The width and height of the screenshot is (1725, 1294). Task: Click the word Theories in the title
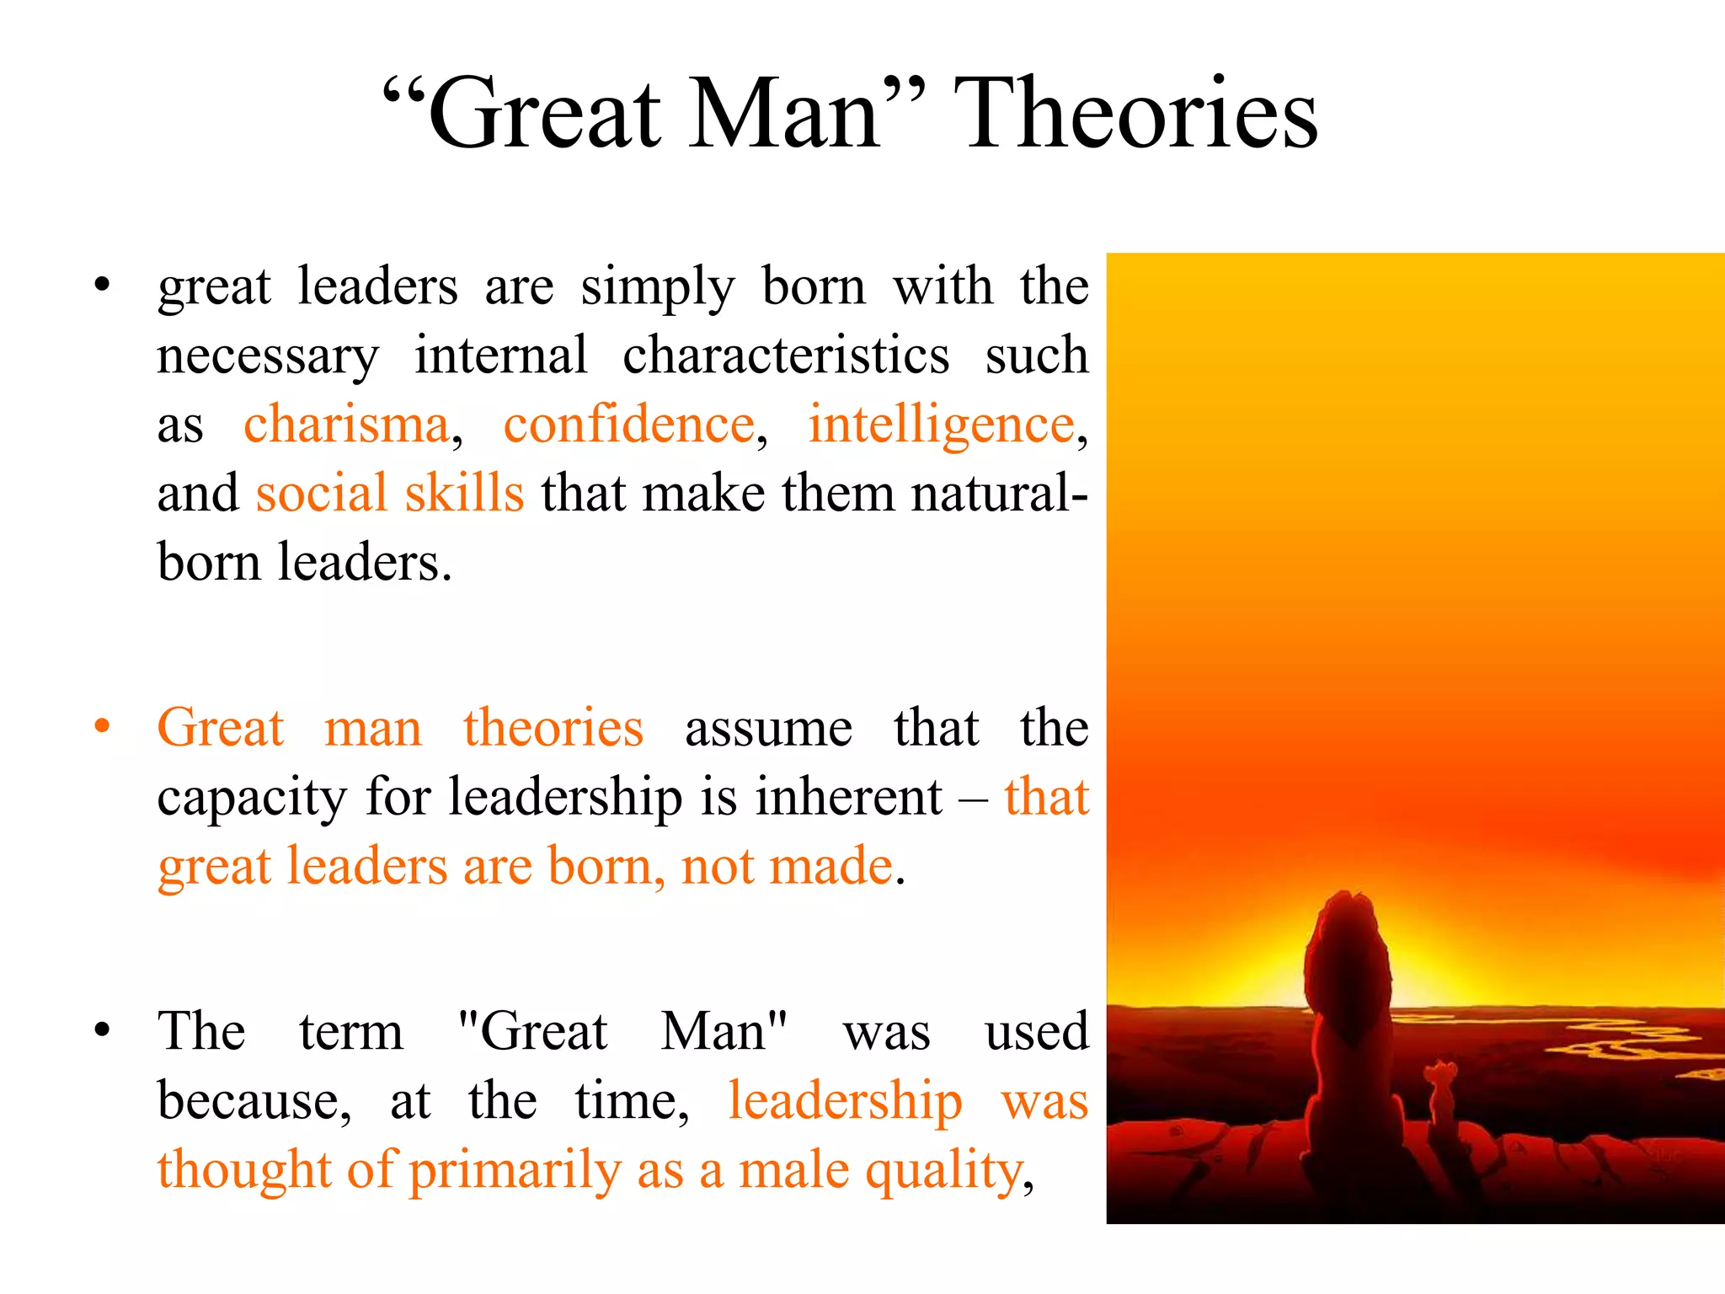[x=1135, y=113]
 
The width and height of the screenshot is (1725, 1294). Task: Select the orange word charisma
[x=346, y=423]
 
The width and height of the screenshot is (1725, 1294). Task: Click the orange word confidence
[x=629, y=423]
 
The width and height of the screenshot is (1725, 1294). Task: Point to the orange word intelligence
[x=941, y=425]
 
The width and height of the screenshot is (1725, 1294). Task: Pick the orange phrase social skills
[x=390, y=493]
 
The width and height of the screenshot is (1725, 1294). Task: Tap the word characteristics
[x=786, y=355]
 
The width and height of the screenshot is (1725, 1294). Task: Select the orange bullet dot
[x=102, y=726]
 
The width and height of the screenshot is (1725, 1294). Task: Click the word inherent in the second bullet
[x=848, y=796]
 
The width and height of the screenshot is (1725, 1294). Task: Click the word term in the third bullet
[x=351, y=1031]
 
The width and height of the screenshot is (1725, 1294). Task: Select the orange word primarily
[x=515, y=1171]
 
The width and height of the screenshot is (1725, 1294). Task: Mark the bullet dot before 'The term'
[x=102, y=1029]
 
